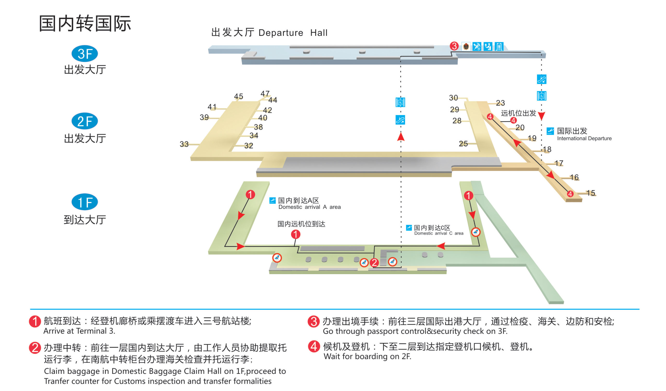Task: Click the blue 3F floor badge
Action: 85,54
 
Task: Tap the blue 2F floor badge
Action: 85,121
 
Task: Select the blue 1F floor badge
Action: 85,202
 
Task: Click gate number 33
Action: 184,144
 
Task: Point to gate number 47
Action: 265,94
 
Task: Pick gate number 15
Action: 590,193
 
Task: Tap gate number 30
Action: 453,98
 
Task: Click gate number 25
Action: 463,144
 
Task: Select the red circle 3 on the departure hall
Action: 454,46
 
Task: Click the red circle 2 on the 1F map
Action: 374,263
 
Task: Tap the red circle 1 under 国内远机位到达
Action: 295,234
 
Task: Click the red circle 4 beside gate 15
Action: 570,194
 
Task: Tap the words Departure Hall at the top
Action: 293,33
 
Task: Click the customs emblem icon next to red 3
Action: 466,47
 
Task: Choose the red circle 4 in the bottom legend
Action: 314,346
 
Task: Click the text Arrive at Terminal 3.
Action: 79,331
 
